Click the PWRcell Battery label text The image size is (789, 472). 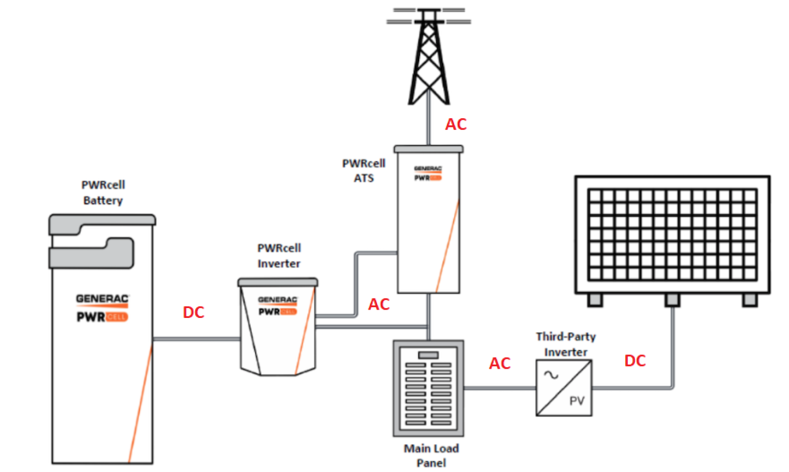[x=103, y=193]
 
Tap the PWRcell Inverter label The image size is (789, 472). [x=279, y=256]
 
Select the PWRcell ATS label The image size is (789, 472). [x=364, y=171]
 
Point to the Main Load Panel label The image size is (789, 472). [x=431, y=456]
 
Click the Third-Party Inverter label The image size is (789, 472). [x=566, y=344]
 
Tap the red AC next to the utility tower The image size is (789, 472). [x=456, y=124]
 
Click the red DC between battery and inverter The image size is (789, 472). [x=194, y=312]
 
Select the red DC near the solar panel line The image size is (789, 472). [x=635, y=361]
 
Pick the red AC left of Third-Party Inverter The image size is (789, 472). [x=500, y=364]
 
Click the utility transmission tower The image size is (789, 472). [x=428, y=56]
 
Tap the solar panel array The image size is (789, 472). [x=672, y=235]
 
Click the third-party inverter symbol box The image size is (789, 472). [x=564, y=388]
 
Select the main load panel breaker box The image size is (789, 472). [x=428, y=388]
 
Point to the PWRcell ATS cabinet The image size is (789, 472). [x=428, y=221]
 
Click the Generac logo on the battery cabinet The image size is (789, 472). [x=102, y=299]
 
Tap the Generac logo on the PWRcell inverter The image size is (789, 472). [x=277, y=300]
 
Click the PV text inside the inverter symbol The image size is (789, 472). [x=577, y=401]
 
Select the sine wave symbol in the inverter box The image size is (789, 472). [x=551, y=375]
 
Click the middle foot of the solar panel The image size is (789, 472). [x=672, y=300]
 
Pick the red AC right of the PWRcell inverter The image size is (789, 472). [x=379, y=305]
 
